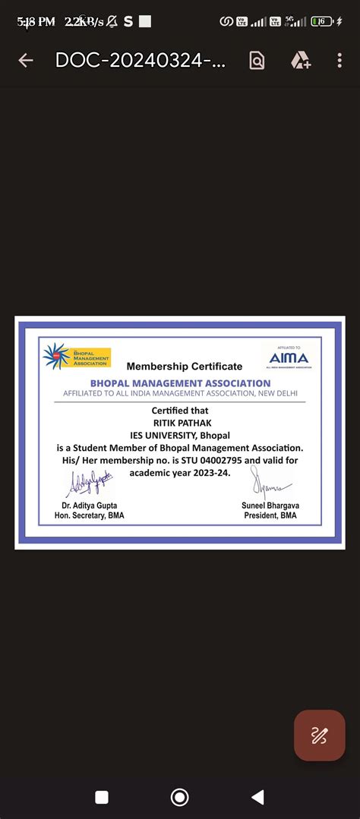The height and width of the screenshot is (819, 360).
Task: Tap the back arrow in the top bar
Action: (25, 61)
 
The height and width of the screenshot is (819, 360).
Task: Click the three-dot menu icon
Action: (339, 61)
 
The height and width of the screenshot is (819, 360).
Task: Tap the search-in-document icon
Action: (257, 61)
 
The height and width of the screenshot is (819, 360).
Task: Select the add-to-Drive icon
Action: (300, 61)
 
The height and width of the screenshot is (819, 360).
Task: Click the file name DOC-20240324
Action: (140, 61)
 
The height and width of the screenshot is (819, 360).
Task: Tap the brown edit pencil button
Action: (319, 735)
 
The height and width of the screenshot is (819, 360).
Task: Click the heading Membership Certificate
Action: (185, 367)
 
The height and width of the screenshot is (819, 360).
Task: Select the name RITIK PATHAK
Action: (179, 423)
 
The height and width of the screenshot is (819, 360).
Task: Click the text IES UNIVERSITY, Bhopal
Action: (180, 435)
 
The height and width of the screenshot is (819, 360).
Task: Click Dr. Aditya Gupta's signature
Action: (89, 483)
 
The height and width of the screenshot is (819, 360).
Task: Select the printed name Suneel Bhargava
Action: (270, 506)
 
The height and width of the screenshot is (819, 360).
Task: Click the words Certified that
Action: (180, 411)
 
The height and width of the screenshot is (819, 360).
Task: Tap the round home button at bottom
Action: (180, 796)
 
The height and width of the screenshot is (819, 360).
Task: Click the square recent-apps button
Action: (102, 796)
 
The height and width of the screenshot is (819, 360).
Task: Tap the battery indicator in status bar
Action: (324, 22)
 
